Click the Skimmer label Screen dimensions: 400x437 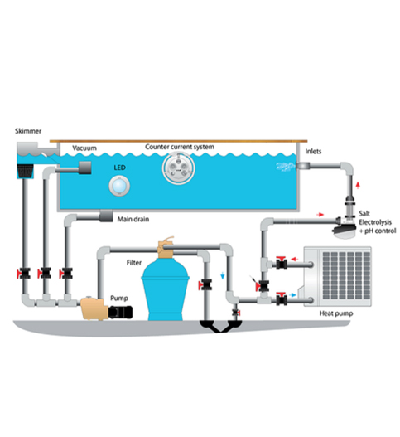pyautogui.click(x=28, y=131)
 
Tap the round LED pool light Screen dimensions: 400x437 pyautogui.click(x=119, y=186)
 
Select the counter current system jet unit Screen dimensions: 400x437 pyautogui.click(x=178, y=168)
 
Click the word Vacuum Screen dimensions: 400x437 pyautogui.click(x=84, y=148)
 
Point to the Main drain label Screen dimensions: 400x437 pyautogui.click(x=133, y=220)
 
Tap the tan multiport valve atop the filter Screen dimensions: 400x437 pyautogui.click(x=166, y=247)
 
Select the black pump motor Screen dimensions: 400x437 pyautogui.click(x=120, y=312)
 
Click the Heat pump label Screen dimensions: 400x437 pyautogui.click(x=336, y=313)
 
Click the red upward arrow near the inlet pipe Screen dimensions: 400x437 pyautogui.click(x=358, y=185)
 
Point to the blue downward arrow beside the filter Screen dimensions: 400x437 pyautogui.click(x=223, y=275)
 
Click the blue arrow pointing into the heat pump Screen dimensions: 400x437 pyautogui.click(x=292, y=295)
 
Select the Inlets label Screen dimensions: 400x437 pyautogui.click(x=313, y=152)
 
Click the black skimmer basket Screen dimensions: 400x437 pyautogui.click(x=25, y=171)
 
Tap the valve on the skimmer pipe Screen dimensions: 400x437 pyautogui.click(x=24, y=274)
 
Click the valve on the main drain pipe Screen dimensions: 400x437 pyautogui.click(x=66, y=274)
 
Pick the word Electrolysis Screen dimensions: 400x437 pyautogui.click(x=375, y=222)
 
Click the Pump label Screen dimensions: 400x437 pyautogui.click(x=119, y=299)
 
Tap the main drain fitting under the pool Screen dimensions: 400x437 pyautogui.click(x=106, y=216)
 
